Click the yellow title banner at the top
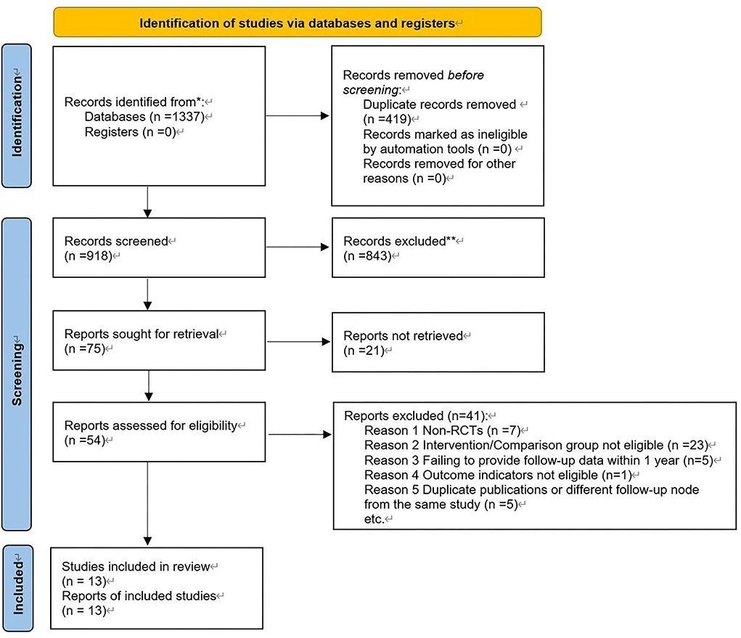click(298, 23)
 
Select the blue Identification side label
click(27, 116)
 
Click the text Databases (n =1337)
click(150, 117)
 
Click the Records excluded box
click(438, 248)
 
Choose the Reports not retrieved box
click(438, 342)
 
